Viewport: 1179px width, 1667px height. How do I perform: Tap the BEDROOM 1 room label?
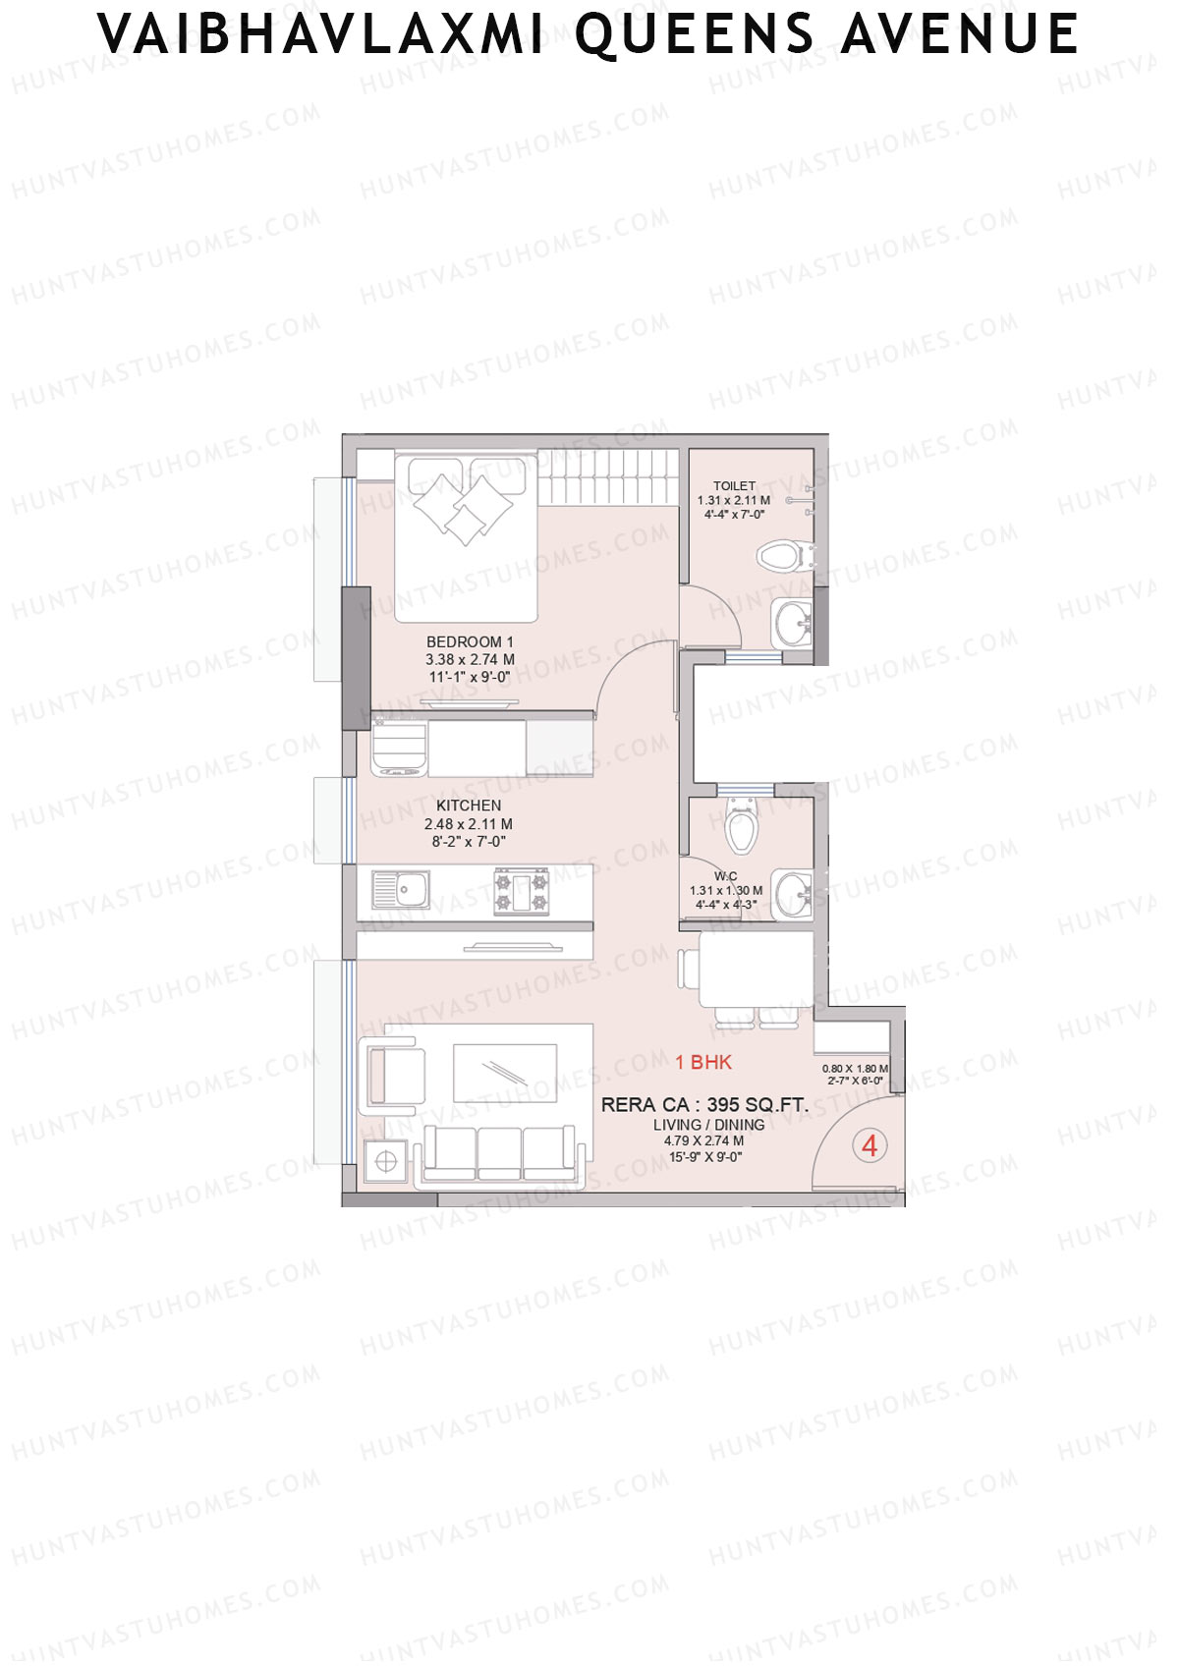470,641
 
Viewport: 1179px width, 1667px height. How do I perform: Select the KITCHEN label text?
469,806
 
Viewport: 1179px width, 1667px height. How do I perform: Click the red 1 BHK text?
703,1062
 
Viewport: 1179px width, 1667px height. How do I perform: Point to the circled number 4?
870,1145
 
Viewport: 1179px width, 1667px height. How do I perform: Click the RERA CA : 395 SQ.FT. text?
704,1105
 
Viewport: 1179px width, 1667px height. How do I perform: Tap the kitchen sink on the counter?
400,891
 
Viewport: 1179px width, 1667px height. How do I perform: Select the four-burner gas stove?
521,891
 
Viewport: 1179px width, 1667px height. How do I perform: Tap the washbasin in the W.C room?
791,895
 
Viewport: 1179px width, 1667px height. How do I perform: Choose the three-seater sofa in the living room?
499,1154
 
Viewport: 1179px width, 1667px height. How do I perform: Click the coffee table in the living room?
505,1073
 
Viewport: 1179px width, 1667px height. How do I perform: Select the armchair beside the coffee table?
393,1076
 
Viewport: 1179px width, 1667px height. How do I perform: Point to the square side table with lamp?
386,1162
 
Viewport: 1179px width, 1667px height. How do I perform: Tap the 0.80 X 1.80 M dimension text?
855,1069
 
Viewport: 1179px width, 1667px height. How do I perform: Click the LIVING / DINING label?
708,1125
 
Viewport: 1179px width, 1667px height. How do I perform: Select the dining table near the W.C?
755,970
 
